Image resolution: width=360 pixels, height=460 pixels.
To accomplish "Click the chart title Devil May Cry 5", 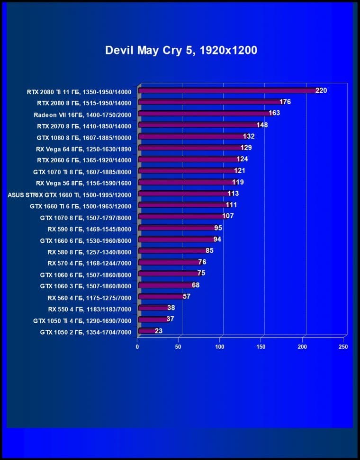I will (x=181, y=50).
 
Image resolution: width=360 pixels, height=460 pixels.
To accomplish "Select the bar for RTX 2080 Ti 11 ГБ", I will (x=227, y=90).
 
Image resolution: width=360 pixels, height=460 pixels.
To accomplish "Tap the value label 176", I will (x=285, y=102).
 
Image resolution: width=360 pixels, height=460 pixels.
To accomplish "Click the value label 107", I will (x=228, y=216).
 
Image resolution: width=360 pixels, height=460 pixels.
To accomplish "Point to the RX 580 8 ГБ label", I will (x=89, y=252).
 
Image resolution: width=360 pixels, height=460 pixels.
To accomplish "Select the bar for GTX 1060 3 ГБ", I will (x=165, y=285).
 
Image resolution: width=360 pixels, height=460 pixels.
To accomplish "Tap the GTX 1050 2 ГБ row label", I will (x=85, y=332).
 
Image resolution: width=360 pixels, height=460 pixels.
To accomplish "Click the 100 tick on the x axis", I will (x=220, y=347).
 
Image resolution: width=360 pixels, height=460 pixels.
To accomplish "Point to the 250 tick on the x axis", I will (x=343, y=347).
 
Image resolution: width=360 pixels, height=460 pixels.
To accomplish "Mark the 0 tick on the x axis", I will (x=137, y=347).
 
